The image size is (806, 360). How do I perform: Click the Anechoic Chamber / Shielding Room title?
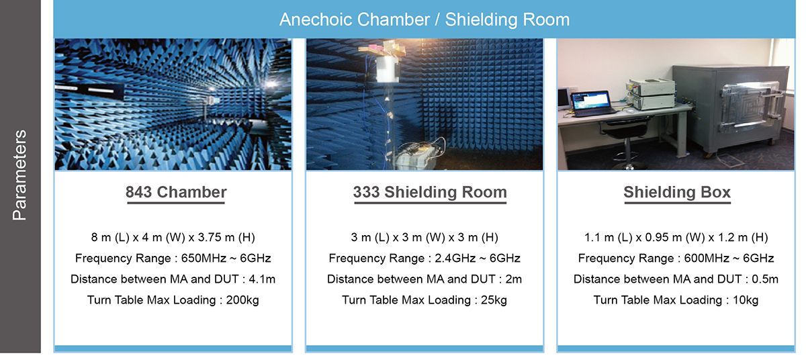pos(424,19)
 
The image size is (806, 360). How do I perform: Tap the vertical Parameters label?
pos(19,175)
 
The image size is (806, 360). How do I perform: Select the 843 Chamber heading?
pos(176,192)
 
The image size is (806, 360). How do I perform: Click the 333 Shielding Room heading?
pos(430,192)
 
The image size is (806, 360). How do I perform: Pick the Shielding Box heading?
pos(677,192)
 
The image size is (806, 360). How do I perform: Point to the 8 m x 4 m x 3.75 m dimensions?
pos(173,237)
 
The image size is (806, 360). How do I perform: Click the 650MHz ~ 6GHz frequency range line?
pos(173,258)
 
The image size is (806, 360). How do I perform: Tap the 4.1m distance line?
pos(173,279)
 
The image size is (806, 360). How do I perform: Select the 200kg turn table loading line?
pos(173,300)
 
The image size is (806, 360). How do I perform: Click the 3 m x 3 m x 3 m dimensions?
pos(424,237)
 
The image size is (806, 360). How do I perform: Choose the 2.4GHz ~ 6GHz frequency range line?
pos(424,258)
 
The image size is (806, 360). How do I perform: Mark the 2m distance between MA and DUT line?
pos(424,279)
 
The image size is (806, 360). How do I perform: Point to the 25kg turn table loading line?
pos(424,300)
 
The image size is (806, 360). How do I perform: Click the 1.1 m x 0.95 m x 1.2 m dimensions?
pos(676,237)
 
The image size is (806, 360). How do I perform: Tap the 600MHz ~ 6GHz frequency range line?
pos(676,258)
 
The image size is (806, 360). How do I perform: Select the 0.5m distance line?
pos(676,279)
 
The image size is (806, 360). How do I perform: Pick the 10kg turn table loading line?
pos(676,300)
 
